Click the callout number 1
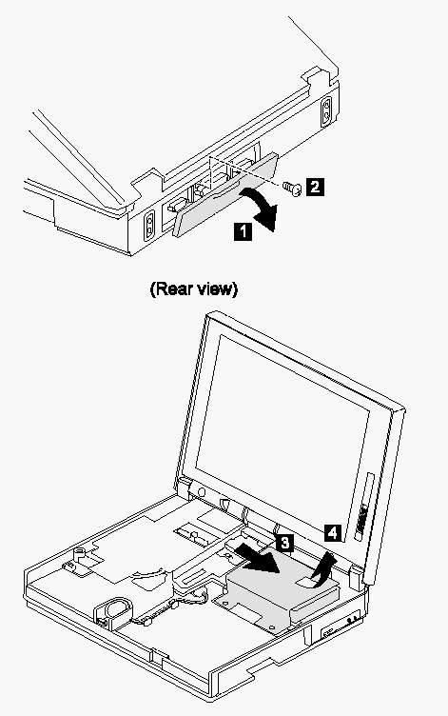tap(243, 231)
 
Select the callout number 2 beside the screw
tap(315, 187)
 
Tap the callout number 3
tap(284, 543)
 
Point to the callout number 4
tap(334, 532)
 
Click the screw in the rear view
tap(292, 188)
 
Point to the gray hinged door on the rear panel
tap(225, 195)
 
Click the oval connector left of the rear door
tap(149, 226)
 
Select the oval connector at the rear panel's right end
tap(326, 111)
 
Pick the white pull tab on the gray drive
tap(307, 581)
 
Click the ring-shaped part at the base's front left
tap(113, 608)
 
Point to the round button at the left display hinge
tap(202, 492)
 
